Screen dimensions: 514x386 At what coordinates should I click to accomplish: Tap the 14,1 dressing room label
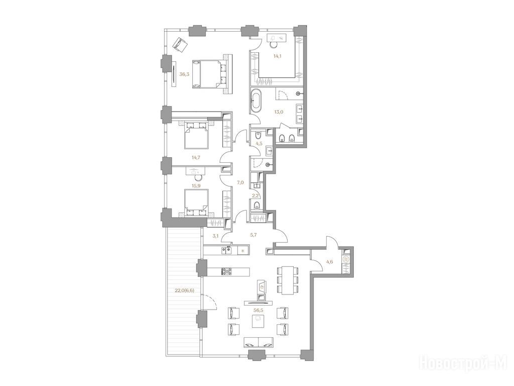click(278, 56)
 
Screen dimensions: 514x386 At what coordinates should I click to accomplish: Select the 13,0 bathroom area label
click(279, 112)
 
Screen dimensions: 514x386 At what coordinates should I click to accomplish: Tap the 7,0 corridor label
click(240, 182)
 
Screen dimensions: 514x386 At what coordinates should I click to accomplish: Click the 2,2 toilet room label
click(255, 196)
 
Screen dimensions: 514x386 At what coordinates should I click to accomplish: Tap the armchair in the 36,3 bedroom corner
click(180, 45)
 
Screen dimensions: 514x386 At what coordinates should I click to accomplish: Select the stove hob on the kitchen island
click(226, 271)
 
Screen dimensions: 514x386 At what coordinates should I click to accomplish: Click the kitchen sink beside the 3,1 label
click(226, 250)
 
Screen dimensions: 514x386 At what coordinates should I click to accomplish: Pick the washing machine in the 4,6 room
click(345, 259)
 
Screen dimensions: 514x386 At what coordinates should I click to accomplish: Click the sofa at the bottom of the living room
click(259, 343)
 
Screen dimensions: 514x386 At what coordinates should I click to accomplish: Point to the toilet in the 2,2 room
click(257, 206)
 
